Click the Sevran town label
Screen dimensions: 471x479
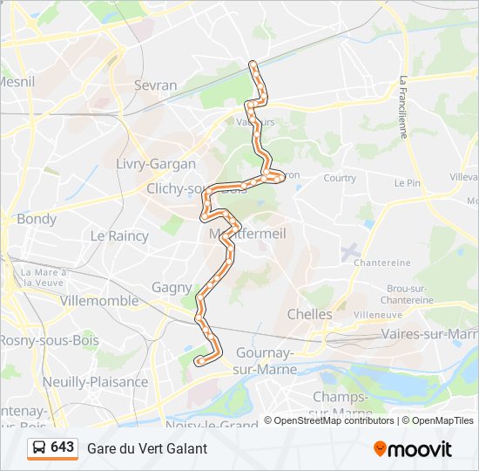pos(156,85)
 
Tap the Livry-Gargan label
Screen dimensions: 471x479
pos(156,164)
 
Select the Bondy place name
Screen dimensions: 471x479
pos(37,219)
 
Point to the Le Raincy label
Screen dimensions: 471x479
pos(119,235)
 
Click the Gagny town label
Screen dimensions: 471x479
pos(172,287)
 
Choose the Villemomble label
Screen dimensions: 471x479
pos(99,301)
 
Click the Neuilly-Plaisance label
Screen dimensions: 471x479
pos(95,381)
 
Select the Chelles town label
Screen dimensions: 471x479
pos(309,314)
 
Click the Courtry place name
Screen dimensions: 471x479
pos(340,178)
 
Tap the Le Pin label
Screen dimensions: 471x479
pos(407,183)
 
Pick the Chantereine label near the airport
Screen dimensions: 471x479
pos(382,263)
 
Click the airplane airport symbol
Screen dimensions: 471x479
pos(351,252)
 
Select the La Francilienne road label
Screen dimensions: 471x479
pos(403,107)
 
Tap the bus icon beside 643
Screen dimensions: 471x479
pos(39,448)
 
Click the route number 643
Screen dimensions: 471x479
pos(63,447)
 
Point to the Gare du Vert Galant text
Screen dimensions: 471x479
pos(147,448)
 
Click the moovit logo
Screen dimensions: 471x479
pos(413,448)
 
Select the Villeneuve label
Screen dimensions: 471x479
pos(378,314)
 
